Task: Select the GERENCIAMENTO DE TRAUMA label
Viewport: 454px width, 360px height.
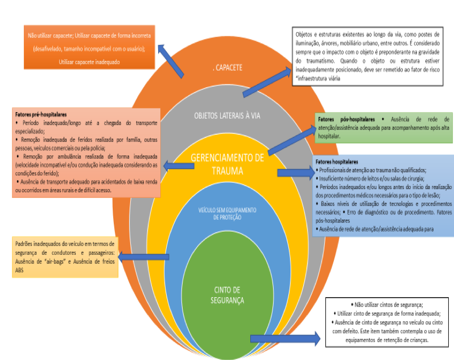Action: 226,165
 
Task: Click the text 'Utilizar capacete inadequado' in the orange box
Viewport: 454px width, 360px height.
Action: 89,62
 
